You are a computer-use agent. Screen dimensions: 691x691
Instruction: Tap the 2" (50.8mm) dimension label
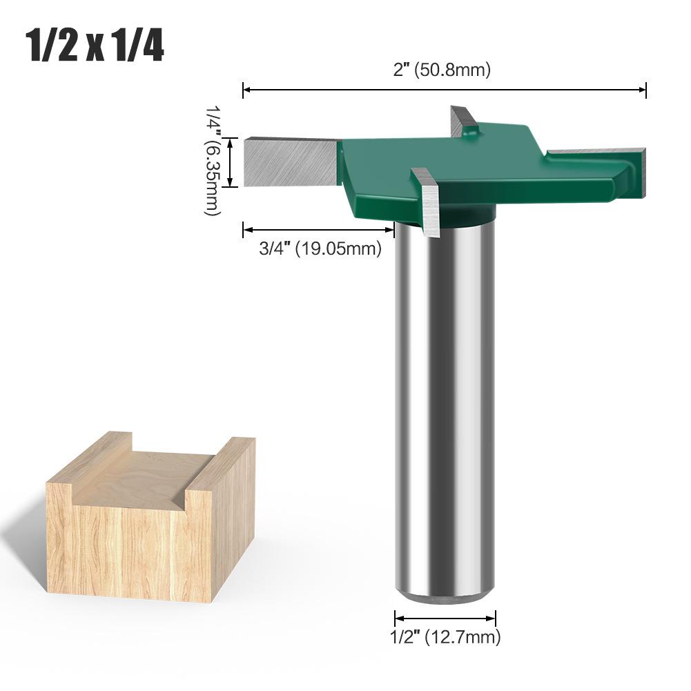[443, 70]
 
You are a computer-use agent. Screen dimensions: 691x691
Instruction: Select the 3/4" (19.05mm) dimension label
[320, 249]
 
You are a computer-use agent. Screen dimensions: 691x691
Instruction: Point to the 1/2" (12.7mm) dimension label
[445, 636]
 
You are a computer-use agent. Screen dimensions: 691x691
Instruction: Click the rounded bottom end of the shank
[445, 595]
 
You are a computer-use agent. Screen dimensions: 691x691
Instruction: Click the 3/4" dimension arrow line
[318, 230]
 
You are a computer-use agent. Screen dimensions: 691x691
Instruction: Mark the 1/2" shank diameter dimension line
[445, 618]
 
